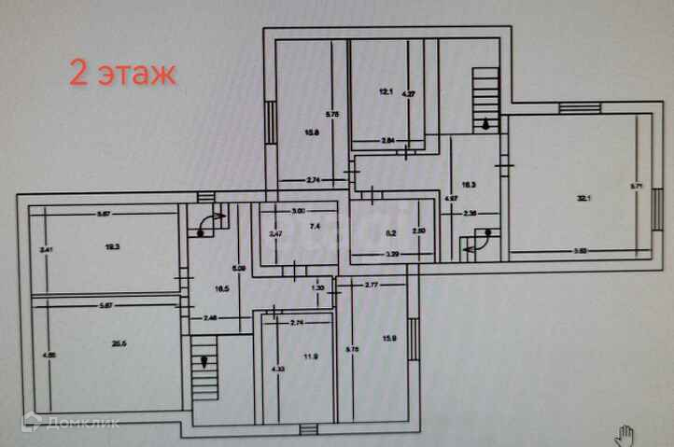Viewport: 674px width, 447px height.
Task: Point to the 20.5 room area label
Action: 119,343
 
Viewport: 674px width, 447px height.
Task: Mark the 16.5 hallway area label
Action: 220,289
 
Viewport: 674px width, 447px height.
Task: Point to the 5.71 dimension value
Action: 632,186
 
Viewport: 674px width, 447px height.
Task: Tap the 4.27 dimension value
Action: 407,93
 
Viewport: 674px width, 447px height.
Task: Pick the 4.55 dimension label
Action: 42,355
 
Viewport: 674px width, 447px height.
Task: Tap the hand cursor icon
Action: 624,433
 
